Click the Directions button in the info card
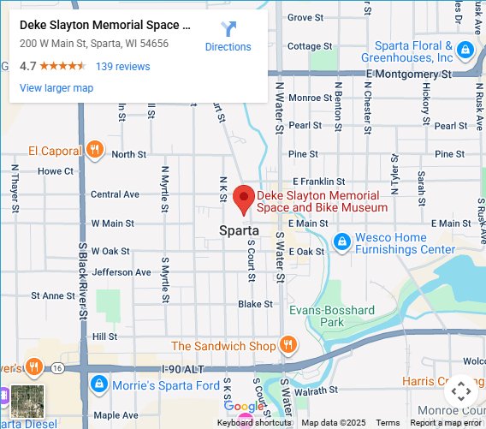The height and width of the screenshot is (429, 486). (228, 36)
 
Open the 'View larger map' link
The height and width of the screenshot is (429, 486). (56, 87)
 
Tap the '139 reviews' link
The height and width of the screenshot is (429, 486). (122, 67)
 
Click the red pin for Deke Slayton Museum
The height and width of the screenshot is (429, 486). (244, 199)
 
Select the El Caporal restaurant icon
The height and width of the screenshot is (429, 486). (95, 151)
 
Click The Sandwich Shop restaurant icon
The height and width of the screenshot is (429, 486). (288, 346)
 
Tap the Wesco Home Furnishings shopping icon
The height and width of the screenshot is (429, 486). (342, 243)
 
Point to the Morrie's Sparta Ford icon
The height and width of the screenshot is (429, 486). (98, 384)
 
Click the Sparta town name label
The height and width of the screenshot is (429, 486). (239, 229)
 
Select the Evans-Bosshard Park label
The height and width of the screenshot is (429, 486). (332, 316)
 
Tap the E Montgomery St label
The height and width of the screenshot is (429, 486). (408, 74)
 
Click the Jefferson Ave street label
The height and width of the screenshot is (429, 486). (114, 272)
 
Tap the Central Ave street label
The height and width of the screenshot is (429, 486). (115, 194)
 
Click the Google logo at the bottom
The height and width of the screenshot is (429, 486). (246, 406)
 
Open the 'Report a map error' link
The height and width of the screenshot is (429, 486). (446, 423)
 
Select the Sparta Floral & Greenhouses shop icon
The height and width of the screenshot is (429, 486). (465, 49)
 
